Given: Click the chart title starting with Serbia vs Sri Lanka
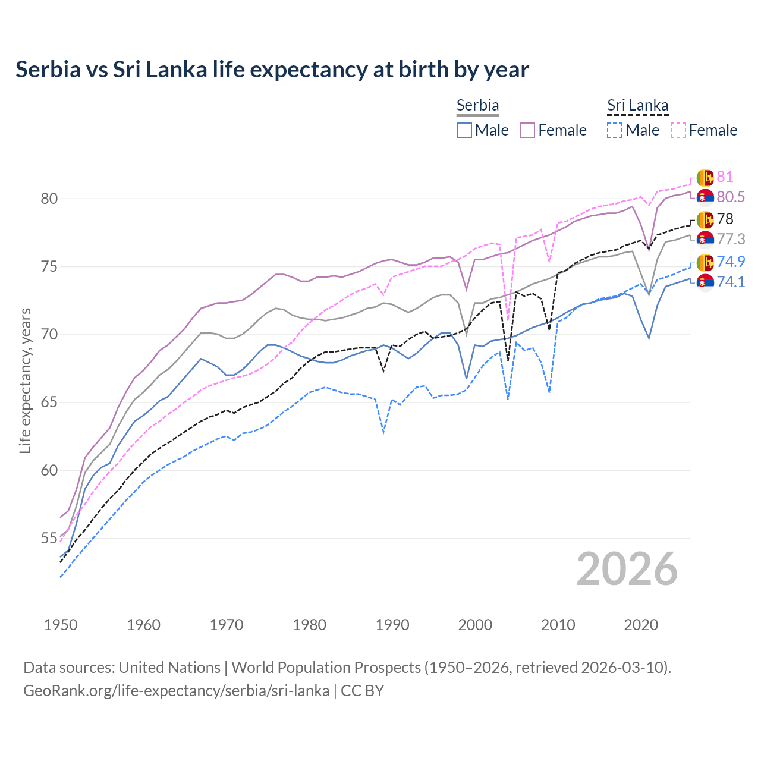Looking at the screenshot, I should click(x=272, y=70).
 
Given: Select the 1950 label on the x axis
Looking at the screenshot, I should click(x=61, y=625).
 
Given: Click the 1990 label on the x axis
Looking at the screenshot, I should click(x=392, y=625).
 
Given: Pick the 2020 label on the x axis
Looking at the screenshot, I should click(x=641, y=625).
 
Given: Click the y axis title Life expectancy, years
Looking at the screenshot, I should click(x=25, y=380).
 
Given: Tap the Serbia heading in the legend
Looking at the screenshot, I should click(x=477, y=105).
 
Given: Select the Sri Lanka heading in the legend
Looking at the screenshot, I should click(x=637, y=105).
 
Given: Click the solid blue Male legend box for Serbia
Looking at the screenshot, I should click(x=464, y=130).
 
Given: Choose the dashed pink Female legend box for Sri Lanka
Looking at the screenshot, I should click(x=678, y=130).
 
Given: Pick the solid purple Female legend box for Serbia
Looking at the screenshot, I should click(x=527, y=130).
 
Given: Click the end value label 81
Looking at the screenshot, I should click(x=725, y=177).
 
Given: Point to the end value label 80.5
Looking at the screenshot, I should click(x=731, y=197).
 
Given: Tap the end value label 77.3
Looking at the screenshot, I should click(x=731, y=239).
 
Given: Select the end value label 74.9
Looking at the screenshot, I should click(x=731, y=262).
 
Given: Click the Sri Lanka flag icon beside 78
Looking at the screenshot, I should click(x=705, y=219).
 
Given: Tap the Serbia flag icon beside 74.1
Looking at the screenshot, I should click(x=705, y=282).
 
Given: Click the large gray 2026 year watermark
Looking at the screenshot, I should click(x=627, y=569).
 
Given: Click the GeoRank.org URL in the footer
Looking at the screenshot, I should click(x=176, y=691).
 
